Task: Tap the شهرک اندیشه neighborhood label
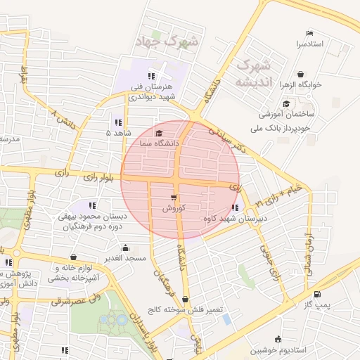pos(254,73)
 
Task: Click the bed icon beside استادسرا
pos(309,33)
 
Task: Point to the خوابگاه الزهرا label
pos(301,84)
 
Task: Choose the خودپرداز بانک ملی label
pos(286,129)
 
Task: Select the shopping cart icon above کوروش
pos(173,198)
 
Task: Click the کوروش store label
pos(173,208)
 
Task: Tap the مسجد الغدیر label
pos(125,258)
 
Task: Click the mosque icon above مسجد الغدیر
pos(125,247)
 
